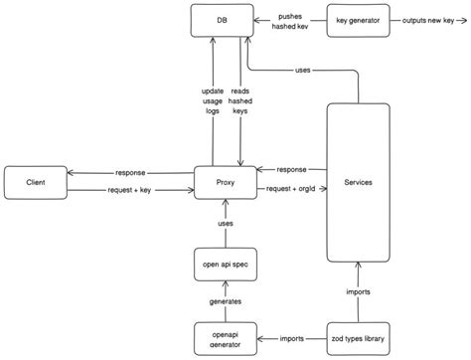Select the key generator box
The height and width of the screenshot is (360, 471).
359,20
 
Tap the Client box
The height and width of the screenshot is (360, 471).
36,181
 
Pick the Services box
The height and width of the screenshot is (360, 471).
359,181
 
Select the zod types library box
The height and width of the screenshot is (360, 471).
359,336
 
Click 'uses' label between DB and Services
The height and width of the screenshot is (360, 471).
305,70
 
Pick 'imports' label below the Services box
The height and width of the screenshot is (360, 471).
359,291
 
